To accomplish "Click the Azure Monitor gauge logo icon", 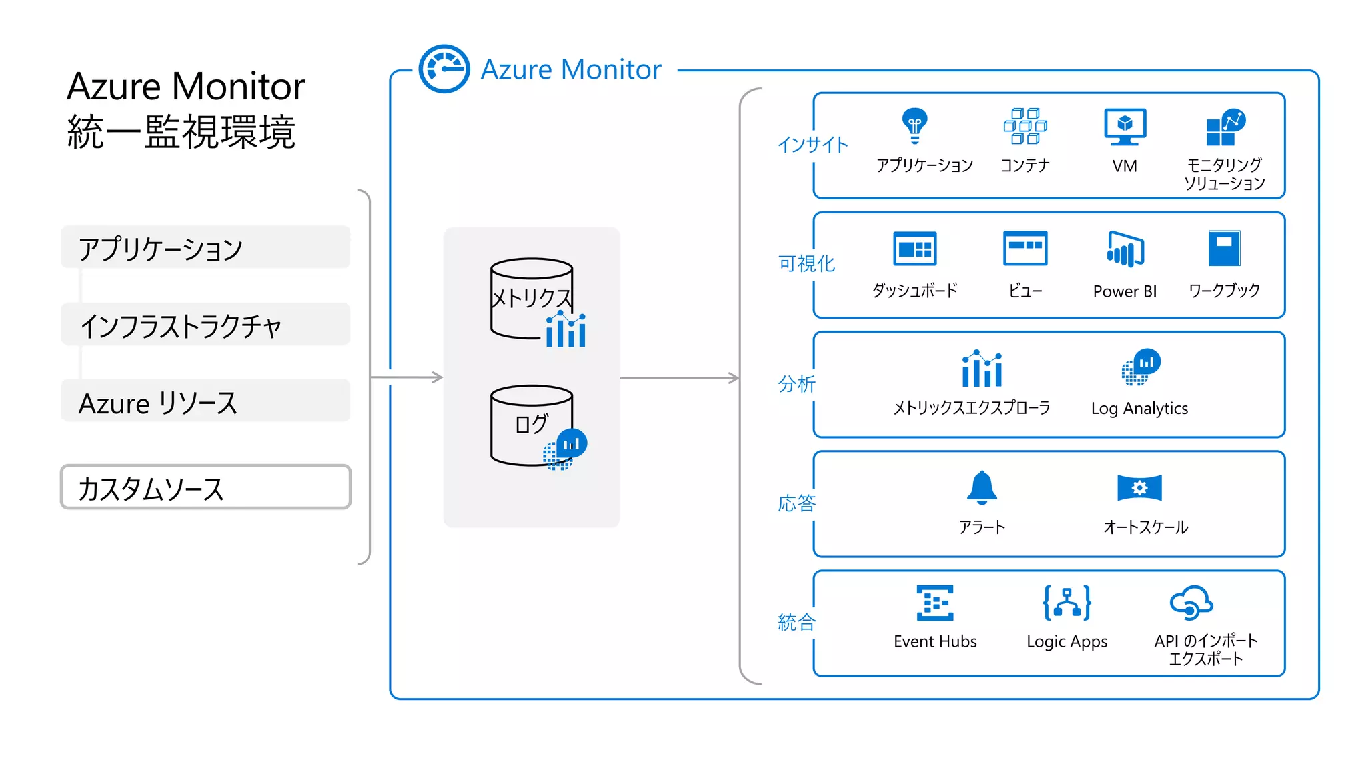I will pyautogui.click(x=444, y=69).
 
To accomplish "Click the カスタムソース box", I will pyautogui.click(x=205, y=487).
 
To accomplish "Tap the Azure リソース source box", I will pyautogui.click(x=205, y=401).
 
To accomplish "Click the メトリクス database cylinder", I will pyautogui.click(x=531, y=297).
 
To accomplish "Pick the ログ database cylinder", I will pyautogui.click(x=531, y=425).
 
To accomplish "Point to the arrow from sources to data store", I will pyautogui.click(x=407, y=377).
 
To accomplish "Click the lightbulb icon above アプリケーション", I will pyautogui.click(x=914, y=125).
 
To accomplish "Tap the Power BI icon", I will pyautogui.click(x=1125, y=249).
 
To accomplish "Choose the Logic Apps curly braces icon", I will pyautogui.click(x=1067, y=603).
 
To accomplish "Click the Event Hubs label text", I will pyautogui.click(x=935, y=641).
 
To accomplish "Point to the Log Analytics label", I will pyautogui.click(x=1139, y=408).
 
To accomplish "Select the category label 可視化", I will pyautogui.click(x=806, y=264).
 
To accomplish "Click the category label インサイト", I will pyautogui.click(x=812, y=145).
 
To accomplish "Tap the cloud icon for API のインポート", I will pyautogui.click(x=1191, y=603).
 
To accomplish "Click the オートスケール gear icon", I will pyautogui.click(x=1139, y=487).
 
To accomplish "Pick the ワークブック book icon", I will pyautogui.click(x=1224, y=249).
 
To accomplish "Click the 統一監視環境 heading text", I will pyautogui.click(x=181, y=132).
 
